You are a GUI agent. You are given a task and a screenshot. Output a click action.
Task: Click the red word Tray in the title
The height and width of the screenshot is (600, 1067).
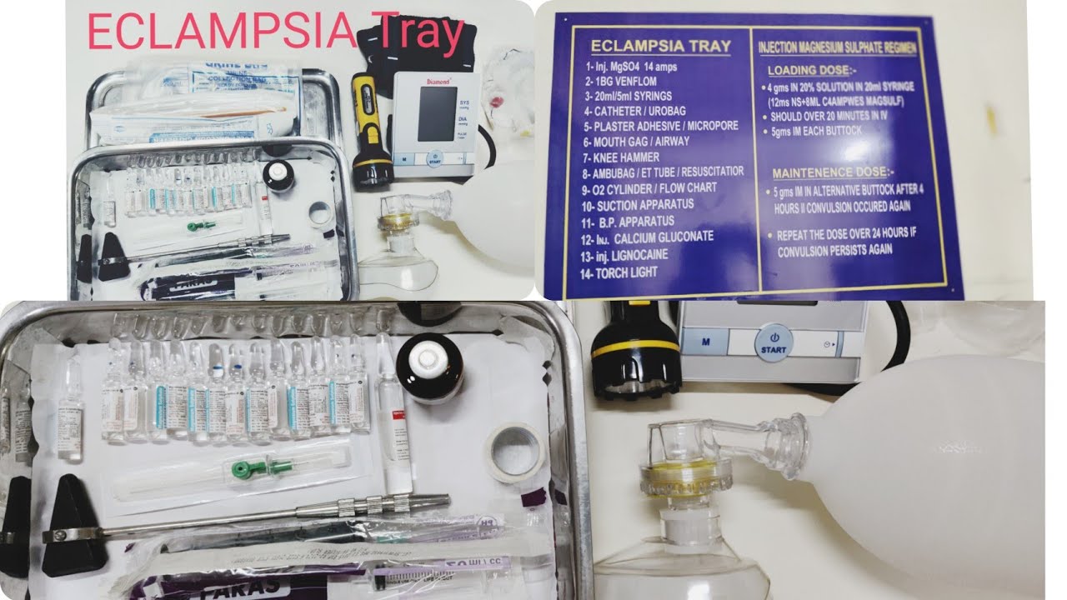(x=422, y=33)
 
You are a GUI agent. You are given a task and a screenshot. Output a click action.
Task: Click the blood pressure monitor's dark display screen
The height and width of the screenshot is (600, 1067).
(x=437, y=113)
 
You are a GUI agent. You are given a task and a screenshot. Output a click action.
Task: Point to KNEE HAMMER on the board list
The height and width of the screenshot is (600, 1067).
(x=627, y=157)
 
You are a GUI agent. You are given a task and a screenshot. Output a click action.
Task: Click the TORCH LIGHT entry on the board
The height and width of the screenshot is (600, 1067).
(x=626, y=272)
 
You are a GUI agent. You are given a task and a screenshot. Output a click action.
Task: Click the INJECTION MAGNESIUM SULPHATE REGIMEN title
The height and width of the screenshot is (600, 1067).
(x=837, y=49)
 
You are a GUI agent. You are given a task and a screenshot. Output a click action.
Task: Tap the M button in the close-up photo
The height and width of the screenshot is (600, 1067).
(x=704, y=341)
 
